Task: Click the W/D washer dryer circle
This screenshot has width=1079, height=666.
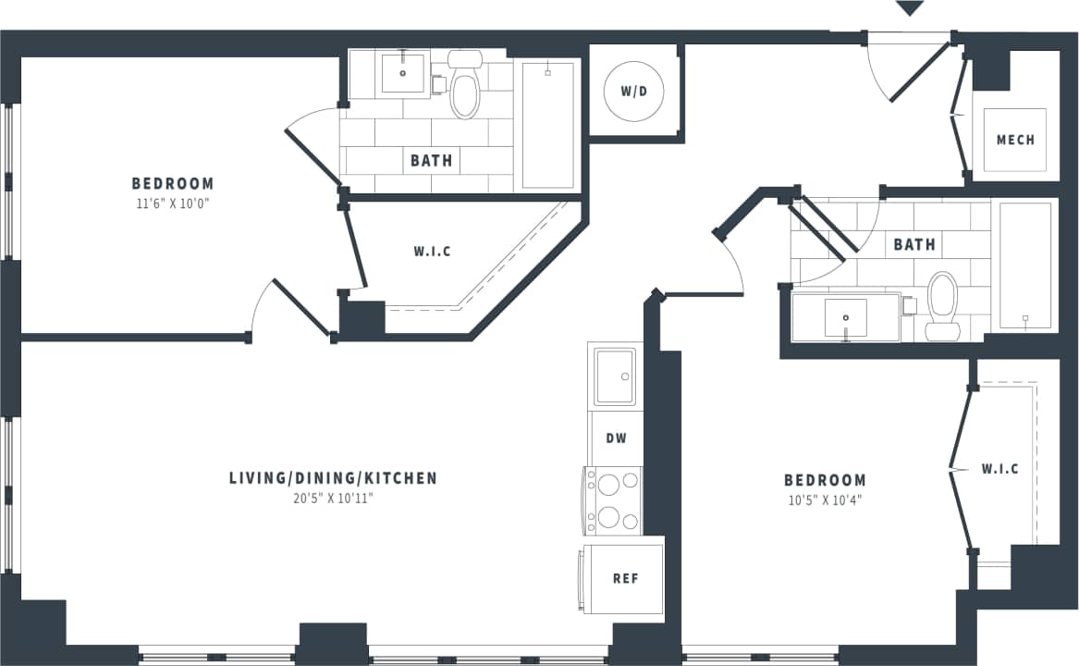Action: click(634, 92)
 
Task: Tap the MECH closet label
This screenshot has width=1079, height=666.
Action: click(1015, 140)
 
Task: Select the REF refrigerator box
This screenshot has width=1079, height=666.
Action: click(626, 579)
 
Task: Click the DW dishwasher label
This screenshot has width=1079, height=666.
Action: click(617, 438)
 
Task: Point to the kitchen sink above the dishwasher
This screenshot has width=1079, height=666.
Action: click(616, 376)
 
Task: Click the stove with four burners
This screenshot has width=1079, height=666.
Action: click(613, 500)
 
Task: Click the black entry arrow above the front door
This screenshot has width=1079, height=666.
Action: click(911, 8)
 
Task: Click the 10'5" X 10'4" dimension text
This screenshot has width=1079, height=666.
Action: click(825, 500)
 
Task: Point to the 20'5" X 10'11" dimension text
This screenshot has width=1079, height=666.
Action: click(333, 499)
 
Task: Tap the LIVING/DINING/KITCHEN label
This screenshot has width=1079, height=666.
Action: click(333, 478)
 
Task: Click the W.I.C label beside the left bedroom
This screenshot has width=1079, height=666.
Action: click(432, 252)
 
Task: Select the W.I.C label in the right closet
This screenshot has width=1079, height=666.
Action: click(999, 469)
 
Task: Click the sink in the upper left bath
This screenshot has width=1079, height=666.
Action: click(403, 74)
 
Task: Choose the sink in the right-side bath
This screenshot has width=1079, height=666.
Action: click(845, 318)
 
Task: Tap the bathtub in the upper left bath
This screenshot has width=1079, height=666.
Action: click(548, 125)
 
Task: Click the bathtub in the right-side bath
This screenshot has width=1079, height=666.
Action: click(1024, 265)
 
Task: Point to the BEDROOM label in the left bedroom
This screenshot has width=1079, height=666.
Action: click(172, 183)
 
